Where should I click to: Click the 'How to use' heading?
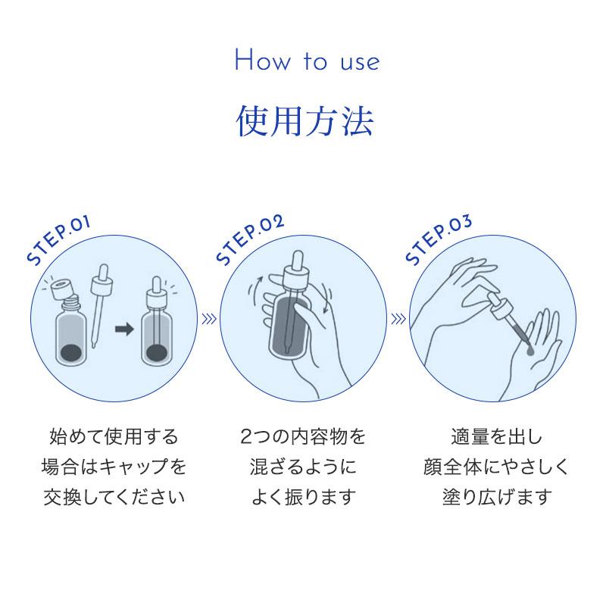[308, 61]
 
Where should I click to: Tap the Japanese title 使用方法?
[305, 121]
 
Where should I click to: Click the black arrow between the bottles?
[124, 330]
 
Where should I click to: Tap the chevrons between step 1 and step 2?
[209, 319]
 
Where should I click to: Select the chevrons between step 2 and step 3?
[398, 319]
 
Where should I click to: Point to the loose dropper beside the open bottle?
[100, 305]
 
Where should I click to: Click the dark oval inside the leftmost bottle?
[71, 351]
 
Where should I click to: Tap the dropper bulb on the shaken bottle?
[298, 261]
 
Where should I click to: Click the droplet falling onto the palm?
[529, 350]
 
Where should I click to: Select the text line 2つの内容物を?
[303, 437]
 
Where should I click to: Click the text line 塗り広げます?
[497, 497]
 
